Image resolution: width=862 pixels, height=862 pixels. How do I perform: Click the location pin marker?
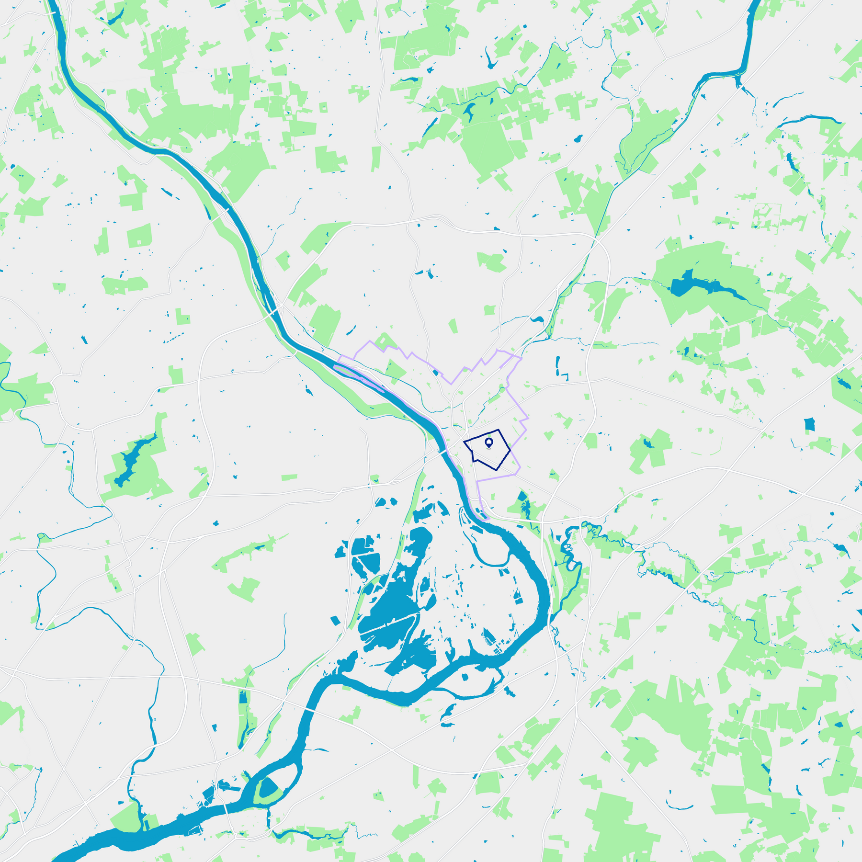488,442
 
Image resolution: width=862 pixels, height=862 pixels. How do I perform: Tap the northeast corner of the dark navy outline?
499,430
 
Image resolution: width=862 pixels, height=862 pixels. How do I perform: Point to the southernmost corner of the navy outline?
497,470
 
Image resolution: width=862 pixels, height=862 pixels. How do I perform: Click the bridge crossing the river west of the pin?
442,452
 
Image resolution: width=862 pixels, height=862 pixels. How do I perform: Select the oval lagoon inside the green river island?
268,787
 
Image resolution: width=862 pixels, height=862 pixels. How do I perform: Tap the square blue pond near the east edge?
809,424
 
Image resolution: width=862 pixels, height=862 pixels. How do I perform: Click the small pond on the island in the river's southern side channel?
464,677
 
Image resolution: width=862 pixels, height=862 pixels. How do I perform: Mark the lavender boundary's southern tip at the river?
486,518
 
